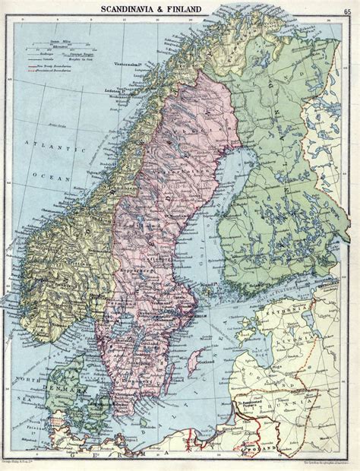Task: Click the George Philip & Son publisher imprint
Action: [x=31, y=463]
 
